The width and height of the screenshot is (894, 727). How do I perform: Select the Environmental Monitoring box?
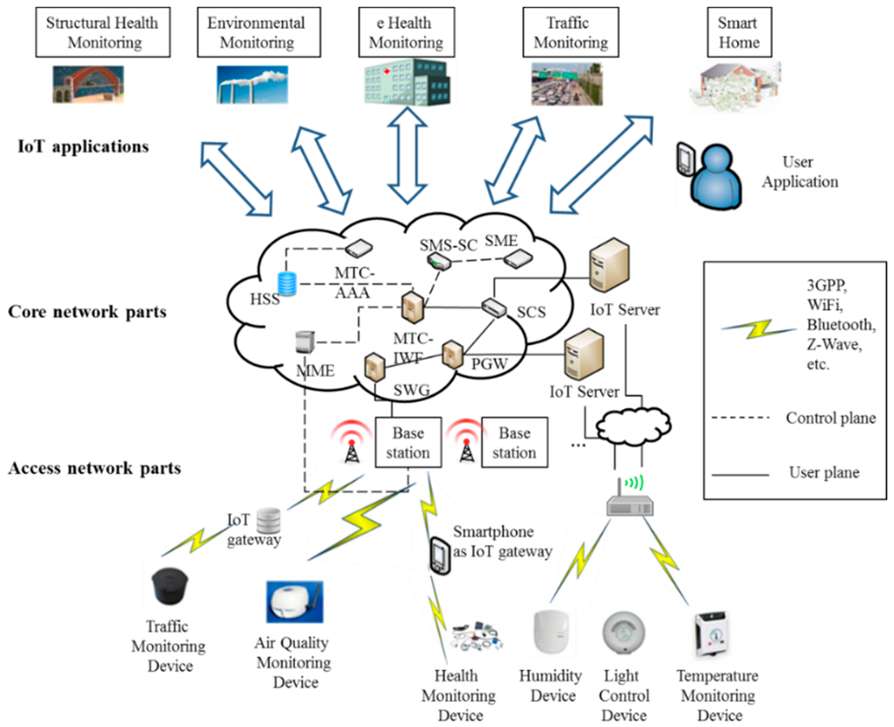coord(257,31)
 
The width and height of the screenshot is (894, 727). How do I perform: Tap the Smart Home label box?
coord(738,31)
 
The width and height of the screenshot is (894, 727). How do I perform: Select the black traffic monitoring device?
coord(171,588)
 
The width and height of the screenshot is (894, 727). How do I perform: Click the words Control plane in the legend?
coord(830,418)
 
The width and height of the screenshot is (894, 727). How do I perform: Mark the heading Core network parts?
coord(86,312)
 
